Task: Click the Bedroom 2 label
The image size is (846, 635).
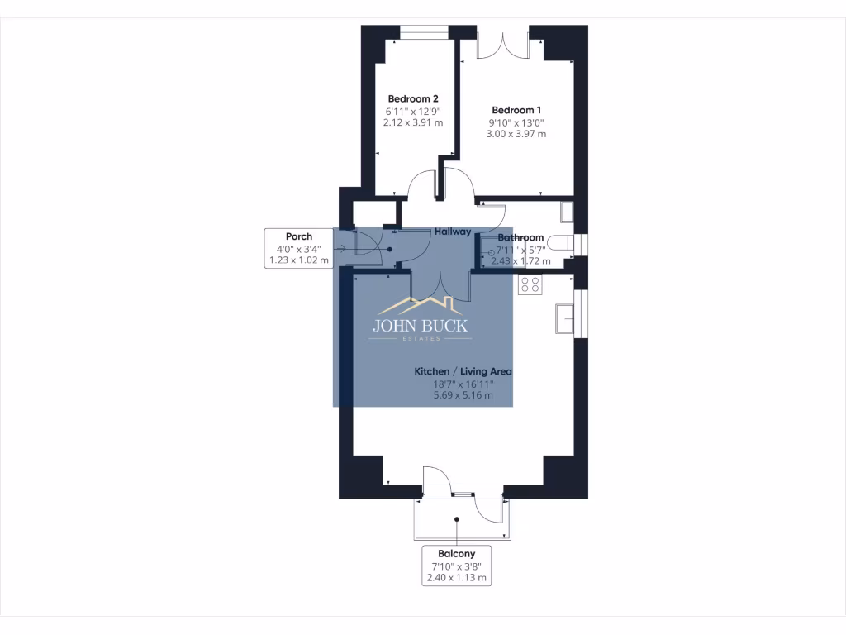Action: pos(413,98)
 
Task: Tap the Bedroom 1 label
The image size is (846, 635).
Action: pos(516,110)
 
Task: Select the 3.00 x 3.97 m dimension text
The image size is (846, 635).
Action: pos(516,134)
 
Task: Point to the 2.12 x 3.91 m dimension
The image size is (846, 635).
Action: pos(413,122)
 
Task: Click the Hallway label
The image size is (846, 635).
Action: pos(454,232)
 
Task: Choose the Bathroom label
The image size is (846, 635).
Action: pos(520,238)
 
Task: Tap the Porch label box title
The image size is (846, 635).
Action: pos(299,236)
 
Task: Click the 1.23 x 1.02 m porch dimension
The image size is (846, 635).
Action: pos(299,260)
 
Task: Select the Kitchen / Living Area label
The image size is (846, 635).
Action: pos(463,372)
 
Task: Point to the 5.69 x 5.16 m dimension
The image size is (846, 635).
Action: pos(463,395)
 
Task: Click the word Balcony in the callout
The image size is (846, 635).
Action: pos(456,553)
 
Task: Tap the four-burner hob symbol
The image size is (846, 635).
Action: pos(530,285)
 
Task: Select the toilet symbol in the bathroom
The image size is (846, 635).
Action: pos(561,245)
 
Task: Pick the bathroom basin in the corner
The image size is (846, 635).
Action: pos(566,212)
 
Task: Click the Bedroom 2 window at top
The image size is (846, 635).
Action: pos(424,33)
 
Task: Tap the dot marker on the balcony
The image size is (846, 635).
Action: pos(456,519)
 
